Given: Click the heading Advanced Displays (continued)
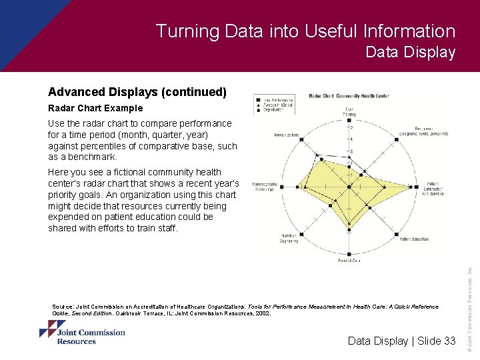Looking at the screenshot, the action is click(x=137, y=92).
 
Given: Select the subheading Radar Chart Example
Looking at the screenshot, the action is click(x=95, y=108).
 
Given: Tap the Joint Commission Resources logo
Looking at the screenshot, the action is click(x=82, y=332).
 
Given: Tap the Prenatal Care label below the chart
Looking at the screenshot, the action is click(x=349, y=261).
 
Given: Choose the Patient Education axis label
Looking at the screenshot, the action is click(x=415, y=239).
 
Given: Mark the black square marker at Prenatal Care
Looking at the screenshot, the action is click(x=349, y=254).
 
